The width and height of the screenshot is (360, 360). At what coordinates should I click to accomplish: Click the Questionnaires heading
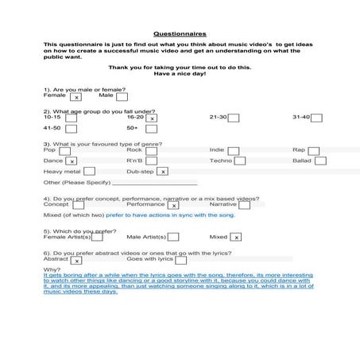180,34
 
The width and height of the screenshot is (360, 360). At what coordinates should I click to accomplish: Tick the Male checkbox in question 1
122,97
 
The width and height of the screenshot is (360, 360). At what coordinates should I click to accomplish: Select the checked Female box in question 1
75,97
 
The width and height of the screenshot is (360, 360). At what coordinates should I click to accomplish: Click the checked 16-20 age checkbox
151,118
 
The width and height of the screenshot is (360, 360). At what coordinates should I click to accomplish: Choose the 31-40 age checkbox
316,118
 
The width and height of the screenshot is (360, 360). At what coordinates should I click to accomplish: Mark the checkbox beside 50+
151,129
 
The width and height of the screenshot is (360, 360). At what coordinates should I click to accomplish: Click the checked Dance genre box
72,161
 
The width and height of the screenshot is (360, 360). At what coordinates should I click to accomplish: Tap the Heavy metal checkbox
89,171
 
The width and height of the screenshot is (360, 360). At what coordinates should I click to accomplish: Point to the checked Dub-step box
163,171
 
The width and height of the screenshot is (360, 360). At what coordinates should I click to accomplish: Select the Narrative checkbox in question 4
245,205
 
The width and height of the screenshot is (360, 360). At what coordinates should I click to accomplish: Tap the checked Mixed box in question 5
236,237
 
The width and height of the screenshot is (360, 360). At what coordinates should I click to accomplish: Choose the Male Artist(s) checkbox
173,237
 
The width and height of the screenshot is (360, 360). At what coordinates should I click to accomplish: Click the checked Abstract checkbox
76,260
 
